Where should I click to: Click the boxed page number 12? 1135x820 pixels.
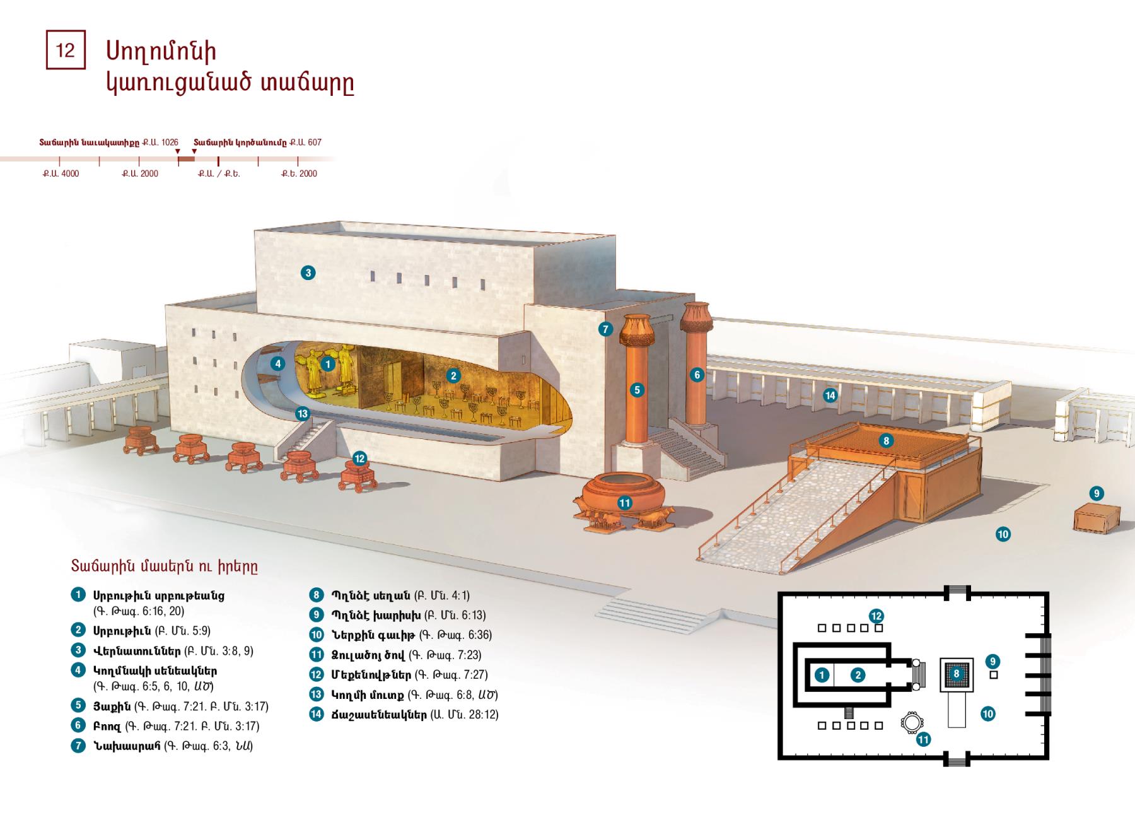pos(66,50)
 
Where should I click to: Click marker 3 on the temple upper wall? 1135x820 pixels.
pos(308,273)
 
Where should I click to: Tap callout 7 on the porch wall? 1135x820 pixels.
pos(605,329)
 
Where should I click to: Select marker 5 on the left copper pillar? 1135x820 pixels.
pos(637,390)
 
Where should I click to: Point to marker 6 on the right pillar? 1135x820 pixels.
pos(697,375)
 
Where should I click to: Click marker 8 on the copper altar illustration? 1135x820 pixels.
pos(886,441)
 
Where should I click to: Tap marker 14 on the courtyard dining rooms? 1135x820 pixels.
pos(830,395)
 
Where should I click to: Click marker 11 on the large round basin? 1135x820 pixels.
pos(624,503)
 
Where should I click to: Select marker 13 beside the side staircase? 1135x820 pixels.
pos(303,414)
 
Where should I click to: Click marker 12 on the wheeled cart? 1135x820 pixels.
pos(359,459)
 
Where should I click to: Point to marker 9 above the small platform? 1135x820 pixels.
pos(1097,493)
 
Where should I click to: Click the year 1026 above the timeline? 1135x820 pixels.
pos(170,143)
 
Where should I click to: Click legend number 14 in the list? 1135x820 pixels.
pos(316,715)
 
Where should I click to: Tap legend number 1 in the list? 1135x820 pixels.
pos(78,595)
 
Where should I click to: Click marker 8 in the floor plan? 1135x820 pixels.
pos(956,674)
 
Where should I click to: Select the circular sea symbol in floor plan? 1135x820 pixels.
pos(911,723)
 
